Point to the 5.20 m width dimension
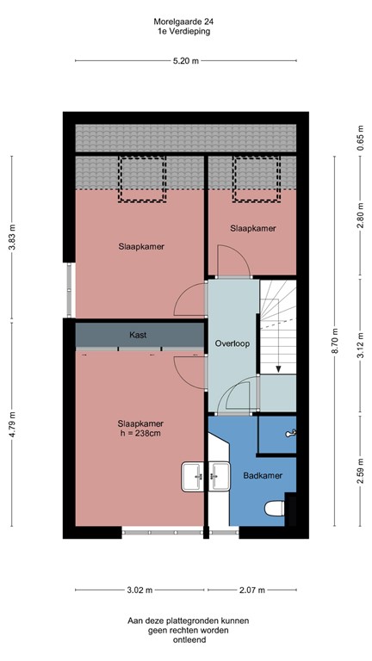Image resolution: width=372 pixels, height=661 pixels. point(185,60)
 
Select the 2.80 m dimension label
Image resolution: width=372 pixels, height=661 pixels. point(360,219)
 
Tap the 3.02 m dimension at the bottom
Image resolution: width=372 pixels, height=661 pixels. point(139,590)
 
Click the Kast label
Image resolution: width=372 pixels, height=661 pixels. point(139,334)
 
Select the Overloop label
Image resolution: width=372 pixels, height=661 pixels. point(232,343)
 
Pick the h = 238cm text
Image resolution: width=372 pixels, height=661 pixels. point(139,435)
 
